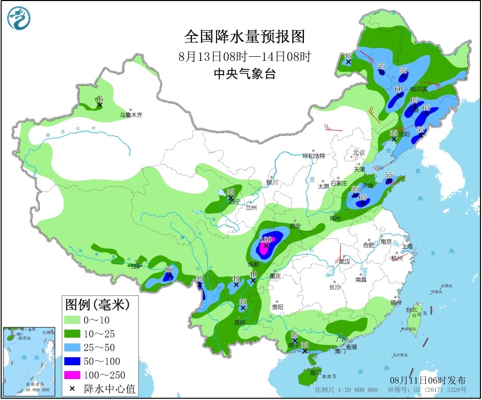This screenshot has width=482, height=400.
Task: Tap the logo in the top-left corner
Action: tap(19, 18)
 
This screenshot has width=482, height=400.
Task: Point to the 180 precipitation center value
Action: tap(266, 239)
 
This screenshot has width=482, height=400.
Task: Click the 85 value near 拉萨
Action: tap(168, 270)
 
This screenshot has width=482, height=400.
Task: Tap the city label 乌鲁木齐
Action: tap(131, 115)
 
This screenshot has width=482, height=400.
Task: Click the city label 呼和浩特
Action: tap(314, 156)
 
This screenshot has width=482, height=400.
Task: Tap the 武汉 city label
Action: tap(345, 262)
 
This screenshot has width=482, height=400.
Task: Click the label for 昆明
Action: tap(239, 322)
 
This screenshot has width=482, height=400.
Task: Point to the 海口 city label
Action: tap(316, 372)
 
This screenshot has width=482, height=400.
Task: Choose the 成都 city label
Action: tap(253, 265)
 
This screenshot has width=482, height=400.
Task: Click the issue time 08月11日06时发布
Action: tap(428, 380)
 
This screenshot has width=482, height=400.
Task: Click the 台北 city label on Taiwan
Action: tap(412, 310)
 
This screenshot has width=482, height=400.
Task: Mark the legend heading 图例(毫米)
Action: tap(97, 305)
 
